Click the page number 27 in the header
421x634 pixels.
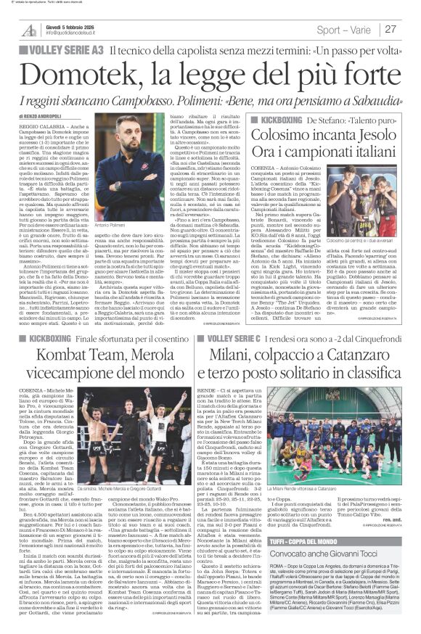[x=391, y=29]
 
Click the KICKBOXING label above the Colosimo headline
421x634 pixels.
[x=277, y=117]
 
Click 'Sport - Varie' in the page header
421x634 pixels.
[x=346, y=29]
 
